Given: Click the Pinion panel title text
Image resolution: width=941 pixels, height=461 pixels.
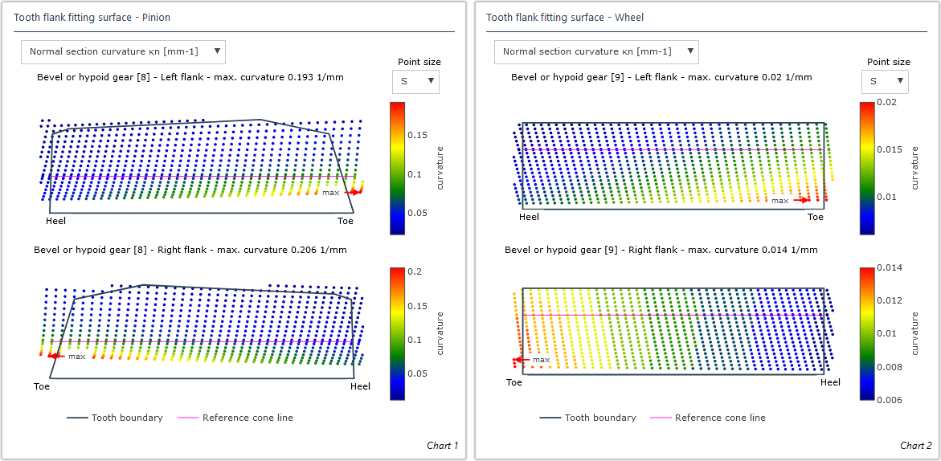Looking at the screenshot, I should click(x=92, y=17).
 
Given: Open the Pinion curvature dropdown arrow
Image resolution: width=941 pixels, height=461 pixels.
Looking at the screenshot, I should click(x=216, y=51).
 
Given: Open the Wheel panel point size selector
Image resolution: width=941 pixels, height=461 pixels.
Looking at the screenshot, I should click(x=884, y=81).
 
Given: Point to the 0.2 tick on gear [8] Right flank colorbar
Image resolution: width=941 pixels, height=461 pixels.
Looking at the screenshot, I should click(x=415, y=272).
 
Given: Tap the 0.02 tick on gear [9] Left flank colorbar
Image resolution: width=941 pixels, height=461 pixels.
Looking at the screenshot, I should click(x=886, y=103).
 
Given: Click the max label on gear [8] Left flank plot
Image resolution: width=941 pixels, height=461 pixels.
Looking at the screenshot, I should click(x=331, y=193).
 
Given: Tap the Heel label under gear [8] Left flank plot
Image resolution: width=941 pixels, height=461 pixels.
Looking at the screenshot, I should click(x=56, y=220).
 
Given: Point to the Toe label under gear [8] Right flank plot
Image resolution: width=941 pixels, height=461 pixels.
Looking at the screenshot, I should click(x=42, y=386).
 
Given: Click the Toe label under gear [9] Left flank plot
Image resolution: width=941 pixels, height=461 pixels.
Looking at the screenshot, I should click(x=815, y=217).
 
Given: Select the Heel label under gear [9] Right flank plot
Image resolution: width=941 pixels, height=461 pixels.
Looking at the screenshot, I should click(x=830, y=382).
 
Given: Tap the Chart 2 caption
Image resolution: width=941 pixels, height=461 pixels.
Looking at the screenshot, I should click(x=915, y=446).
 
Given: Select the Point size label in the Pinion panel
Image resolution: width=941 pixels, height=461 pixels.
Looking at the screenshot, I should click(x=419, y=62).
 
